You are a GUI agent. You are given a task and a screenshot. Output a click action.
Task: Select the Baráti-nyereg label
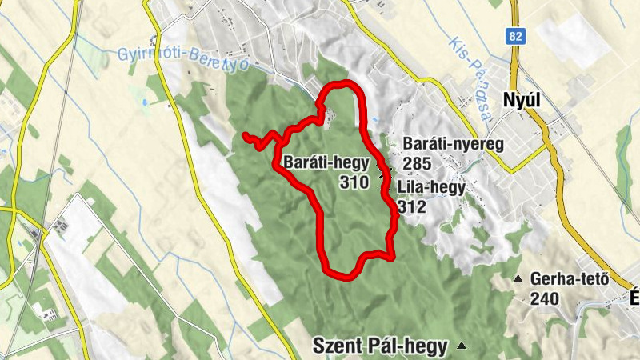(x=453, y=145)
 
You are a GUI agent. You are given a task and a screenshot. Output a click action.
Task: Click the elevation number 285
(x=418, y=164)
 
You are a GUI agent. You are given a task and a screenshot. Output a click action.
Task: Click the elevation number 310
(x=354, y=182)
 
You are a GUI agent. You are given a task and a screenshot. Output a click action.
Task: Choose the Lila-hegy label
(x=430, y=187)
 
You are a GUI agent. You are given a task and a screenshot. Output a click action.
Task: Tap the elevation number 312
(x=411, y=207)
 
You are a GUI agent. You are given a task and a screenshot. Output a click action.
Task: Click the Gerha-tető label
(x=570, y=279)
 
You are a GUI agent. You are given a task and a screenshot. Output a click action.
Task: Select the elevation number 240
(x=544, y=298)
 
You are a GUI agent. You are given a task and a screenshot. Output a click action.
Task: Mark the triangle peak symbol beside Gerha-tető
(x=518, y=279)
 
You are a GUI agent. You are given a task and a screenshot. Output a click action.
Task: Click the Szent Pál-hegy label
(x=380, y=346)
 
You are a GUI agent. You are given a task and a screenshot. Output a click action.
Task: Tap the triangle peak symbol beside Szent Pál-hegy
(x=462, y=346)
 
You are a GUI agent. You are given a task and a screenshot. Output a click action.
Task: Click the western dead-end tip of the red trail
(x=244, y=135)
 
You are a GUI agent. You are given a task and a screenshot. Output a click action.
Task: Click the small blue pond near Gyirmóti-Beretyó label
(x=144, y=103)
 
